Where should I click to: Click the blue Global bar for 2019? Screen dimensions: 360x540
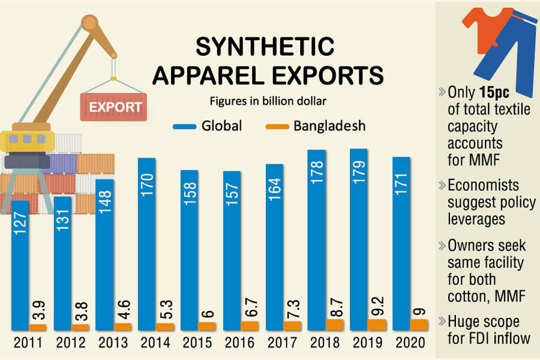[x=359, y=240]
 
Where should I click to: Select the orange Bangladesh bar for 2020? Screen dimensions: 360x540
[x=418, y=324]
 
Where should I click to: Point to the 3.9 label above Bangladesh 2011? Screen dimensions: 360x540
[x=37, y=307]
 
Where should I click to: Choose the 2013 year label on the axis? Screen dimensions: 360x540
[x=113, y=343]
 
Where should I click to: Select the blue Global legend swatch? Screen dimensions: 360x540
[x=185, y=126]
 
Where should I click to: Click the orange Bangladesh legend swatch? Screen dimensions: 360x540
[x=277, y=126]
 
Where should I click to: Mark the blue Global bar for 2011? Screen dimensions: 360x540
[x=20, y=264]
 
